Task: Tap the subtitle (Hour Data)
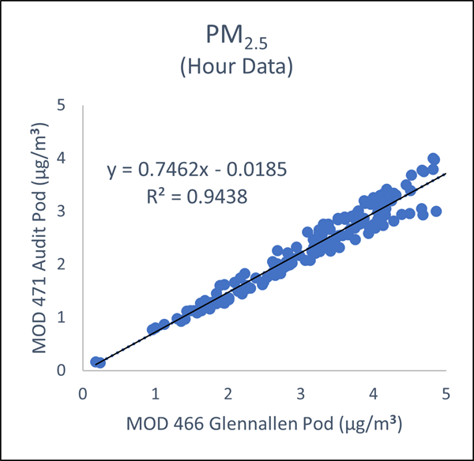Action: [x=237, y=68]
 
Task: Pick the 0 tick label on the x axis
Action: [x=83, y=392]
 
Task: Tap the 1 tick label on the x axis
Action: [x=156, y=392]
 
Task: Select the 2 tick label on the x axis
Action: [x=228, y=392]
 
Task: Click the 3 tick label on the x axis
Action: [x=301, y=392]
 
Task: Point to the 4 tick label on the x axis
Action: [x=374, y=392]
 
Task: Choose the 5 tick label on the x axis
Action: [x=446, y=392]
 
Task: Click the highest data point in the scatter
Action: [x=433, y=159]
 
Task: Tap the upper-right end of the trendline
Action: [x=446, y=174]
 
